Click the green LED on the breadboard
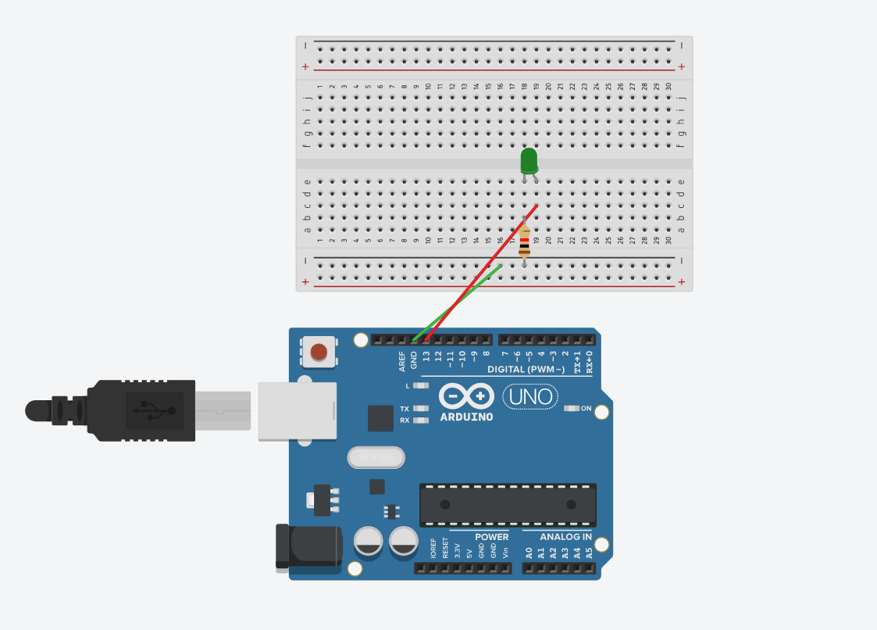click(529, 160)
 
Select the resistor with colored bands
click(524, 242)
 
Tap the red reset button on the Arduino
click(319, 352)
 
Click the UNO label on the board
click(530, 397)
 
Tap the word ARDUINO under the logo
click(466, 417)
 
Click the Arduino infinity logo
click(466, 396)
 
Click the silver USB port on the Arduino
click(297, 411)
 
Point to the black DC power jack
click(308, 546)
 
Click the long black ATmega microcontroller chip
click(508, 505)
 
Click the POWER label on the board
click(491, 537)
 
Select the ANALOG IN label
click(565, 537)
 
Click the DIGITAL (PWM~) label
click(526, 369)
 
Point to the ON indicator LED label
click(586, 408)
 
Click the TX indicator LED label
click(405, 409)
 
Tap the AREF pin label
click(402, 360)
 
